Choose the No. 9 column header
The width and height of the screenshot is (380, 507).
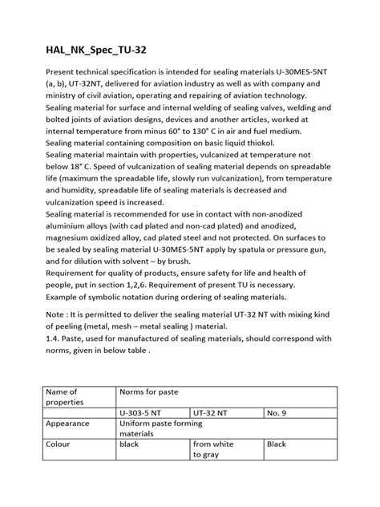tap(281, 412)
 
